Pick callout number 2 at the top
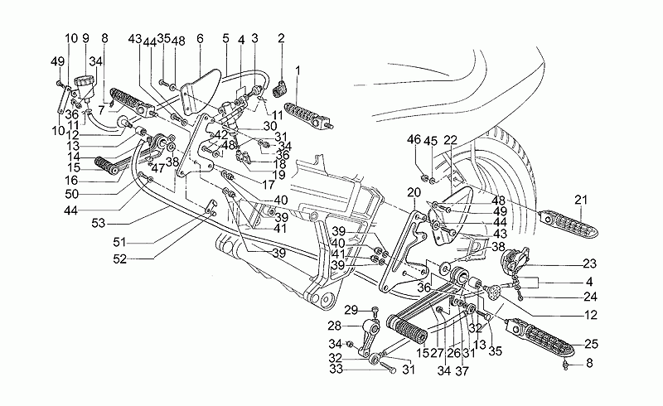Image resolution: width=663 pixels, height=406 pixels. (281, 38)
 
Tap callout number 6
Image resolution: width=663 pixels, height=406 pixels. (200, 38)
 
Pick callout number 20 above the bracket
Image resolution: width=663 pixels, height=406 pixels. (412, 193)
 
